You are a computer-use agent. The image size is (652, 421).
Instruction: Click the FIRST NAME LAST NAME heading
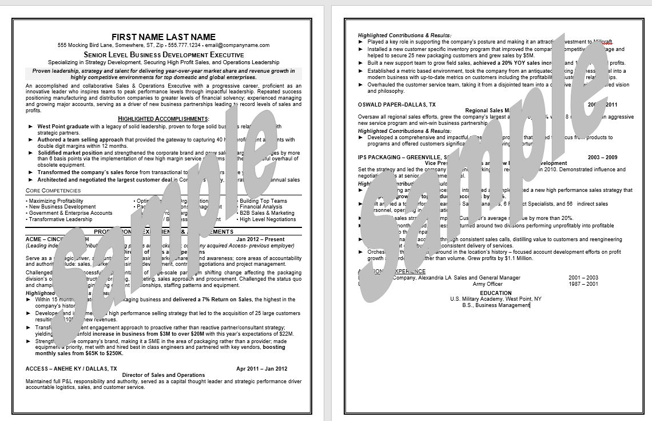pos(164,37)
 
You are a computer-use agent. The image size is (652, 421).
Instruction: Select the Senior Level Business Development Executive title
pos(164,54)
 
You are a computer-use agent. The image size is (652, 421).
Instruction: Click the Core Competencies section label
pos(53,190)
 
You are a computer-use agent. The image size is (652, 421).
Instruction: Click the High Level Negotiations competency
pos(268,219)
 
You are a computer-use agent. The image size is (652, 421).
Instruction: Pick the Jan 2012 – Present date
pos(260,239)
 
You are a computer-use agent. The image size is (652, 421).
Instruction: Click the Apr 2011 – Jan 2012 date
pos(261,369)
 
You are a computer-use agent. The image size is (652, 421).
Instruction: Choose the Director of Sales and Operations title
pos(164,375)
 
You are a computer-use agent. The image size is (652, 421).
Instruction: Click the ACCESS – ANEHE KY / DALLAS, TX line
pos(71,369)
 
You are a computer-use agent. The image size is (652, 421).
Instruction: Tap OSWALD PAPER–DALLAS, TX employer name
pos(396,105)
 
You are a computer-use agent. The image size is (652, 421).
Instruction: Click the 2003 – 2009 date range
pos(602,157)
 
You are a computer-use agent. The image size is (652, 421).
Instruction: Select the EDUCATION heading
pos(496,293)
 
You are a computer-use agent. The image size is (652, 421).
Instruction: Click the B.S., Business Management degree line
pos(496,305)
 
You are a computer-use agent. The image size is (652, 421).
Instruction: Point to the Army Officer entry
pos(487,284)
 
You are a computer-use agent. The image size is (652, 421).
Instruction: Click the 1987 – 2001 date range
pos(583,284)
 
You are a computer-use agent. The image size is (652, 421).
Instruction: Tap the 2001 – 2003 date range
pos(583,278)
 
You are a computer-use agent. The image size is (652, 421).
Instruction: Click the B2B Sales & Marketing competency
pos(267,213)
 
